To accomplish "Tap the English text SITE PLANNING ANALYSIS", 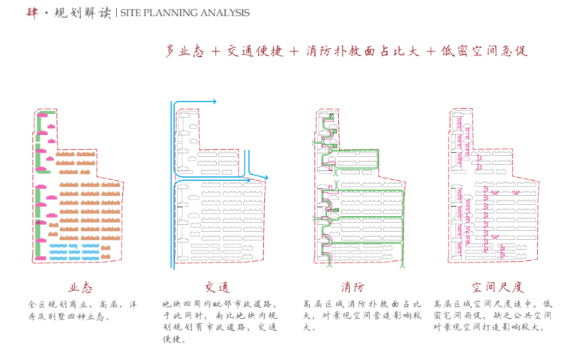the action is pyautogui.click(x=184, y=13).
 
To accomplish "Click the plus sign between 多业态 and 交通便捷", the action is pyautogui.click(x=215, y=52).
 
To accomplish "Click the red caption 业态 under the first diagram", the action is pyautogui.click(x=80, y=287).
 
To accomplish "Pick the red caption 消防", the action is pyautogui.click(x=352, y=287).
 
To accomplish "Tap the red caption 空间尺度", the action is pyautogui.click(x=497, y=287).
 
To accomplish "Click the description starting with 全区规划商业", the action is pyautogui.click(x=82, y=310).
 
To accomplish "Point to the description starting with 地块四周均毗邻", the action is pyautogui.click(x=219, y=321).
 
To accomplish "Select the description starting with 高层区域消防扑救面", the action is pyautogui.click(x=361, y=316).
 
